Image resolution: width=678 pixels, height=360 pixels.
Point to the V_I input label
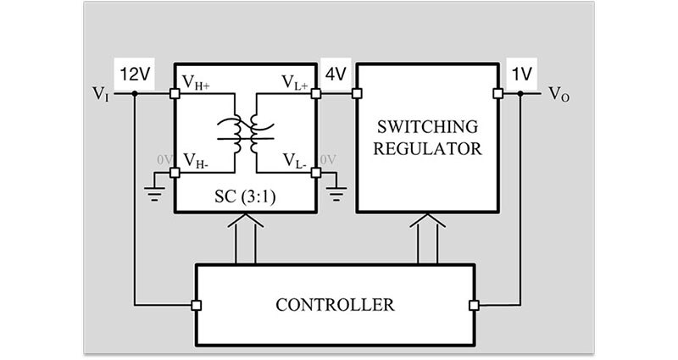(101, 95)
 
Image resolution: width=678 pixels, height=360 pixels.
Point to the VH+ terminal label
(199, 81)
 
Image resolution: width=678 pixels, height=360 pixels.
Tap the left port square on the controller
(196, 304)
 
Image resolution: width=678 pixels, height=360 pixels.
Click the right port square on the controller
(473, 304)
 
